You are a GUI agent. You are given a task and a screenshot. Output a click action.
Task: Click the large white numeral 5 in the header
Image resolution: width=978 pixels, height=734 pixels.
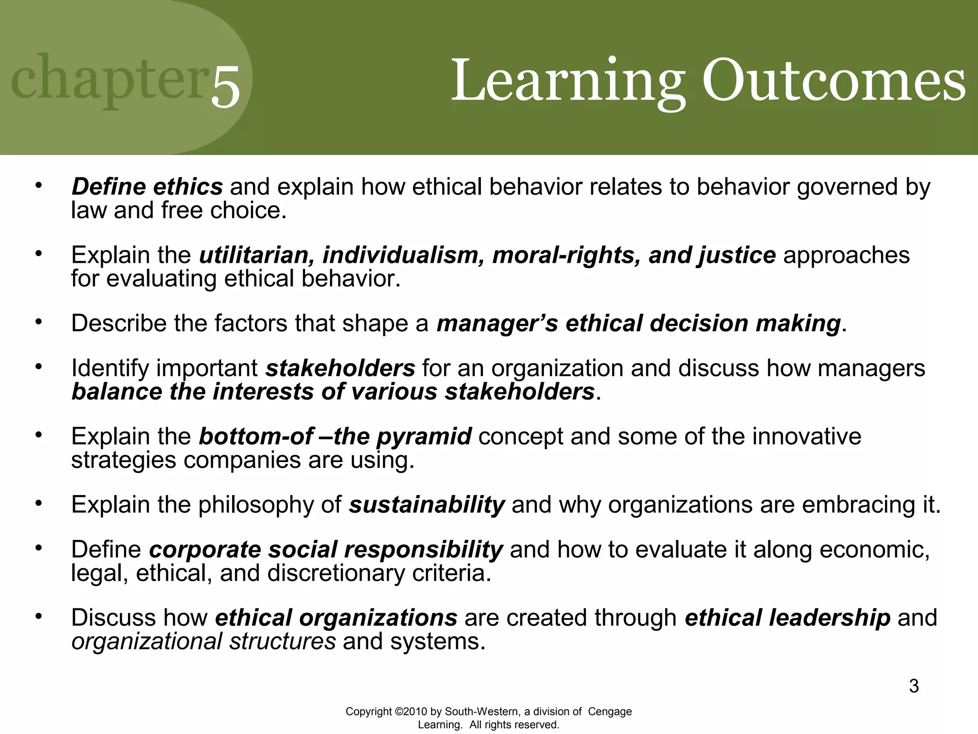tap(225, 86)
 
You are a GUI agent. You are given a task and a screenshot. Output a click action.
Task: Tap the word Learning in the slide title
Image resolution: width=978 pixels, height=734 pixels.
tap(568, 81)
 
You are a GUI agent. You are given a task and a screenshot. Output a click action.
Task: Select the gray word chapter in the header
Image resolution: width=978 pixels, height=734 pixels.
tap(109, 79)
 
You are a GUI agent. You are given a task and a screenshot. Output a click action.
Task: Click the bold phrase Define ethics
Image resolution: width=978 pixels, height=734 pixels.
tap(147, 186)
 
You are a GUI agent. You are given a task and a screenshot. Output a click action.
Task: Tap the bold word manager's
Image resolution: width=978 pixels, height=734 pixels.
tap(497, 323)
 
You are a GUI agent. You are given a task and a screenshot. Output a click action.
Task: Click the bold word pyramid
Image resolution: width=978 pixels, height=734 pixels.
tap(424, 436)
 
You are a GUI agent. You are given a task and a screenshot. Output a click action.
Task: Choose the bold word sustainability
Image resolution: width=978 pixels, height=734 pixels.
tap(426, 505)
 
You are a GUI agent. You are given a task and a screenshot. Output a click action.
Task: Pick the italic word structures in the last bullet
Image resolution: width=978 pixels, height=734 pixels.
tap(282, 641)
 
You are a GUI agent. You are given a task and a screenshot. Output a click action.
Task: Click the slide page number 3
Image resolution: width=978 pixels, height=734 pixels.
tap(914, 686)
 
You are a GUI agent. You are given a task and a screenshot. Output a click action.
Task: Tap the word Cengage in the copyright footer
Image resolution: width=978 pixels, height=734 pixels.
tap(609, 712)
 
